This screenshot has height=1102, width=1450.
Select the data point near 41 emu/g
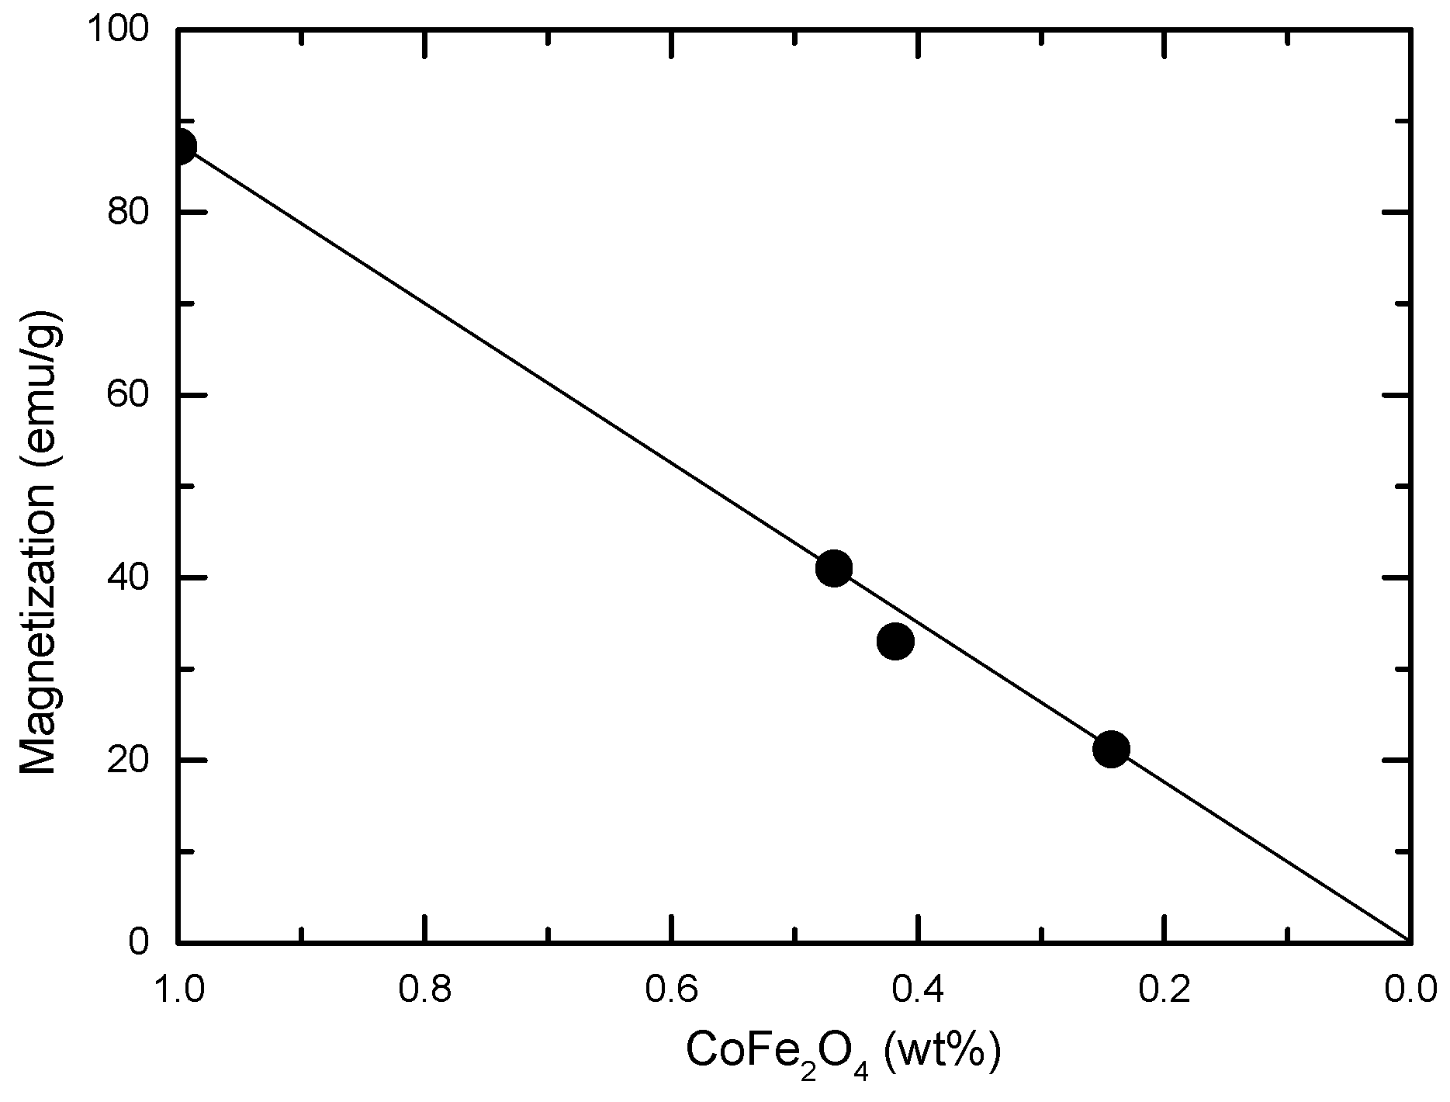pyautogui.click(x=834, y=568)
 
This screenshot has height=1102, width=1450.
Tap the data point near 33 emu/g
pyautogui.click(x=895, y=641)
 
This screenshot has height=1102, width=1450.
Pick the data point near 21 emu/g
pyautogui.click(x=1111, y=749)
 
